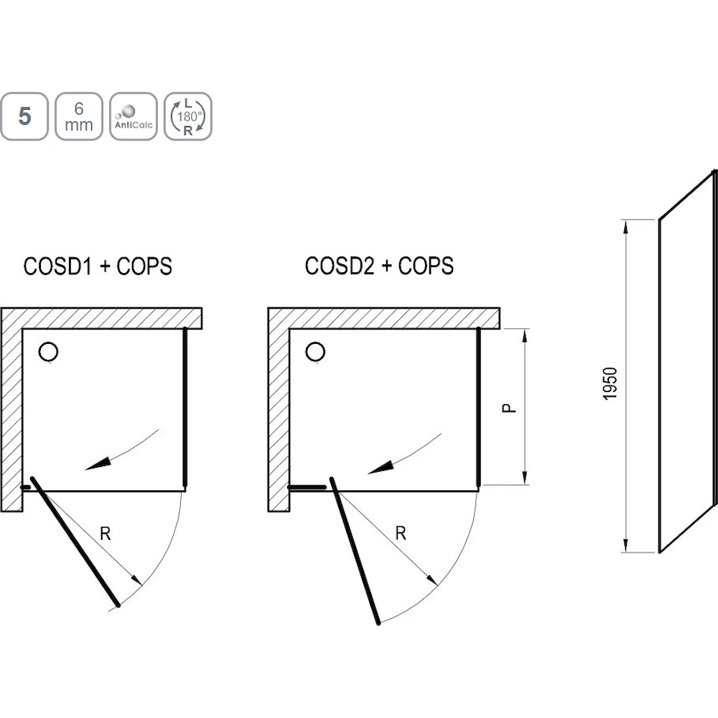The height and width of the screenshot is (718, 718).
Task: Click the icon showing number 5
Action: [x=24, y=116]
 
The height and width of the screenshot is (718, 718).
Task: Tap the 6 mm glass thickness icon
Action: [x=79, y=116]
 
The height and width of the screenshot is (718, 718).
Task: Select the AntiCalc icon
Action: [x=134, y=116]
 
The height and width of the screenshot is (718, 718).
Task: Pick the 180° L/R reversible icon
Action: [x=187, y=116]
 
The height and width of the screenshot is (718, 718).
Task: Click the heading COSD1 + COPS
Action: [x=98, y=266]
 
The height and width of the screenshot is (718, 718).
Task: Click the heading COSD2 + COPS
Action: [x=379, y=266]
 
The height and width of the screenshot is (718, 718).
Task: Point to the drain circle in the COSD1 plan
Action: [x=48, y=352]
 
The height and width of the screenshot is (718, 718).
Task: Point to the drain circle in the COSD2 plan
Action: [x=315, y=352]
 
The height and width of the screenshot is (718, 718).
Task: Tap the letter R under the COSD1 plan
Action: [x=105, y=533]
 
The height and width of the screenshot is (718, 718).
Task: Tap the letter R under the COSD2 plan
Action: [x=400, y=533]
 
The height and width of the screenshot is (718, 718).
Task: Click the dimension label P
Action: [x=509, y=408]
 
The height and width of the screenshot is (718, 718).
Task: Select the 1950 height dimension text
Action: [x=610, y=383]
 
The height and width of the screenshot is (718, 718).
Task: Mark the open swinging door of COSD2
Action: [x=355, y=551]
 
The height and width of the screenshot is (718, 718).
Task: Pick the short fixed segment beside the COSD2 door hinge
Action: [x=307, y=488]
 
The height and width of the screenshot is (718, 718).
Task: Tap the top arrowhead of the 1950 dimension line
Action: [x=625, y=228]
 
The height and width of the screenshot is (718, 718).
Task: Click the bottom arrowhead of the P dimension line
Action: [x=525, y=477]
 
